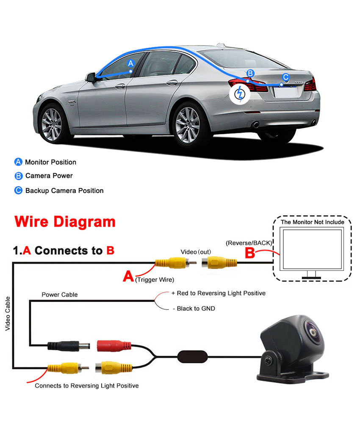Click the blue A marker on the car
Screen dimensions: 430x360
(131, 63)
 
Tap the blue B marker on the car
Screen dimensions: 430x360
(250, 73)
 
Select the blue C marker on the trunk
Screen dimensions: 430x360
(285, 77)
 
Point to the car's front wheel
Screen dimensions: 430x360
(52, 124)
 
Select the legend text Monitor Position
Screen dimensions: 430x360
(50, 162)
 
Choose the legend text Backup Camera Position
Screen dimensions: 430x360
(64, 190)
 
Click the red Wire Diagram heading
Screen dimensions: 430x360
(65, 222)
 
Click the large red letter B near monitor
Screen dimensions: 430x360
(250, 253)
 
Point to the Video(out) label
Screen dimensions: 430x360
(196, 252)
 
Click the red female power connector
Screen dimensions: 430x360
(112, 345)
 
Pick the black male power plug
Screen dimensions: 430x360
(68, 345)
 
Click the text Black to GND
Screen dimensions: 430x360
(194, 309)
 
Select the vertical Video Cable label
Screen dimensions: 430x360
(8, 314)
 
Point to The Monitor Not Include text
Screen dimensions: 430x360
(313, 222)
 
